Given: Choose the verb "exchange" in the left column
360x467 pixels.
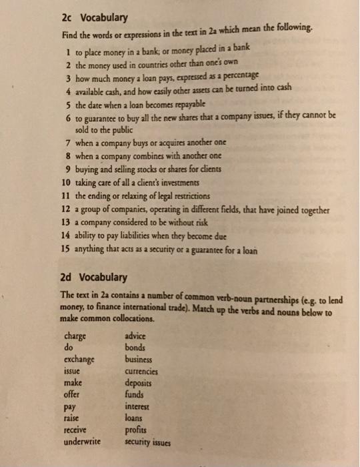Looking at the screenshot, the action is click(x=79, y=359).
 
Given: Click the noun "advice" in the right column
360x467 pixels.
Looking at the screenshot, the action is click(x=138, y=335).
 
